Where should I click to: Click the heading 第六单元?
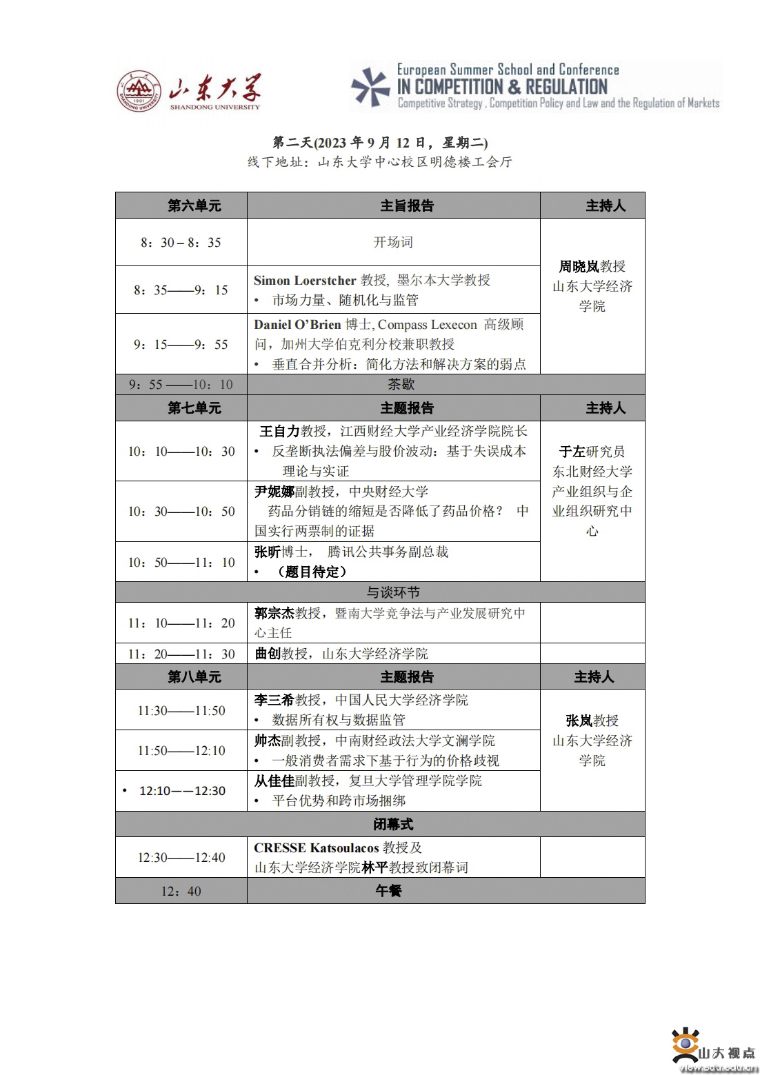pyautogui.click(x=194, y=205)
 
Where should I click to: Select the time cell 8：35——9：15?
pyautogui.click(x=181, y=290)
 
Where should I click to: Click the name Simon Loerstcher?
pyautogui.click(x=305, y=280)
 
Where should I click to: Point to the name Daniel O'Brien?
pyautogui.click(x=297, y=324)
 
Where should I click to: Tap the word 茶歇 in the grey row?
pyautogui.click(x=401, y=384)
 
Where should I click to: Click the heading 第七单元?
pyautogui.click(x=194, y=408)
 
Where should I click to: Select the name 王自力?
pyautogui.click(x=279, y=431)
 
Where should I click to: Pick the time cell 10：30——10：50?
pyautogui.click(x=181, y=512)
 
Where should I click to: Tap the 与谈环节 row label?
pyautogui.click(x=392, y=592)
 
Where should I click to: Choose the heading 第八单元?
pyautogui.click(x=194, y=677)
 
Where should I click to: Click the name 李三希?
pyautogui.click(x=274, y=700)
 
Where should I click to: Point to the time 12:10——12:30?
pyautogui.click(x=182, y=791)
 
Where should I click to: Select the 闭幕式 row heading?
pyautogui.click(x=393, y=825)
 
